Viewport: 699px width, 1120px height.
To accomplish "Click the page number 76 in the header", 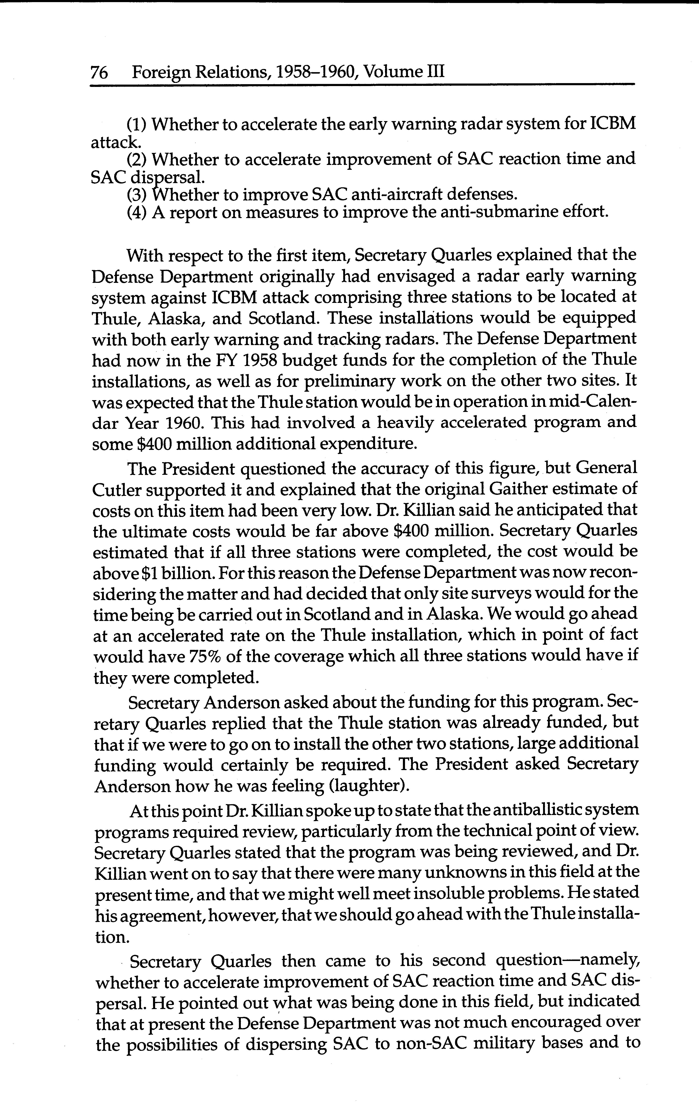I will (99, 73).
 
